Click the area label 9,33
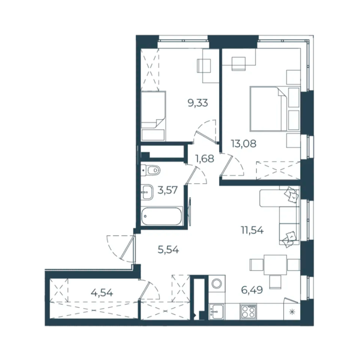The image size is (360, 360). (x=198, y=103)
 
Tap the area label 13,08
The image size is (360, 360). (x=244, y=144)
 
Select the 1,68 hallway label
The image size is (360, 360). (x=204, y=158)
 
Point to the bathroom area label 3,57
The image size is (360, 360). (x=167, y=190)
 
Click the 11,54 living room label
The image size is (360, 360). (x=252, y=230)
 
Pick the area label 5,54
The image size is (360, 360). (x=168, y=249)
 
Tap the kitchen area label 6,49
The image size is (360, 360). (x=252, y=290)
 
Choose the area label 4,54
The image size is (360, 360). (x=102, y=292)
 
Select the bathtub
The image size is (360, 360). (x=161, y=216)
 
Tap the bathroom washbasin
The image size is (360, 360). (x=147, y=192)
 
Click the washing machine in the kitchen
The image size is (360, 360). (x=217, y=284)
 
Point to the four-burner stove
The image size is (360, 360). (x=248, y=312)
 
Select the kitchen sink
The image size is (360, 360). (x=217, y=312)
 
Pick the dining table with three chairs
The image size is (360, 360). (x=275, y=265)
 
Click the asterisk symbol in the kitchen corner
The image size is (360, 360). (x=292, y=312)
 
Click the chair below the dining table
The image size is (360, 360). (x=275, y=282)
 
